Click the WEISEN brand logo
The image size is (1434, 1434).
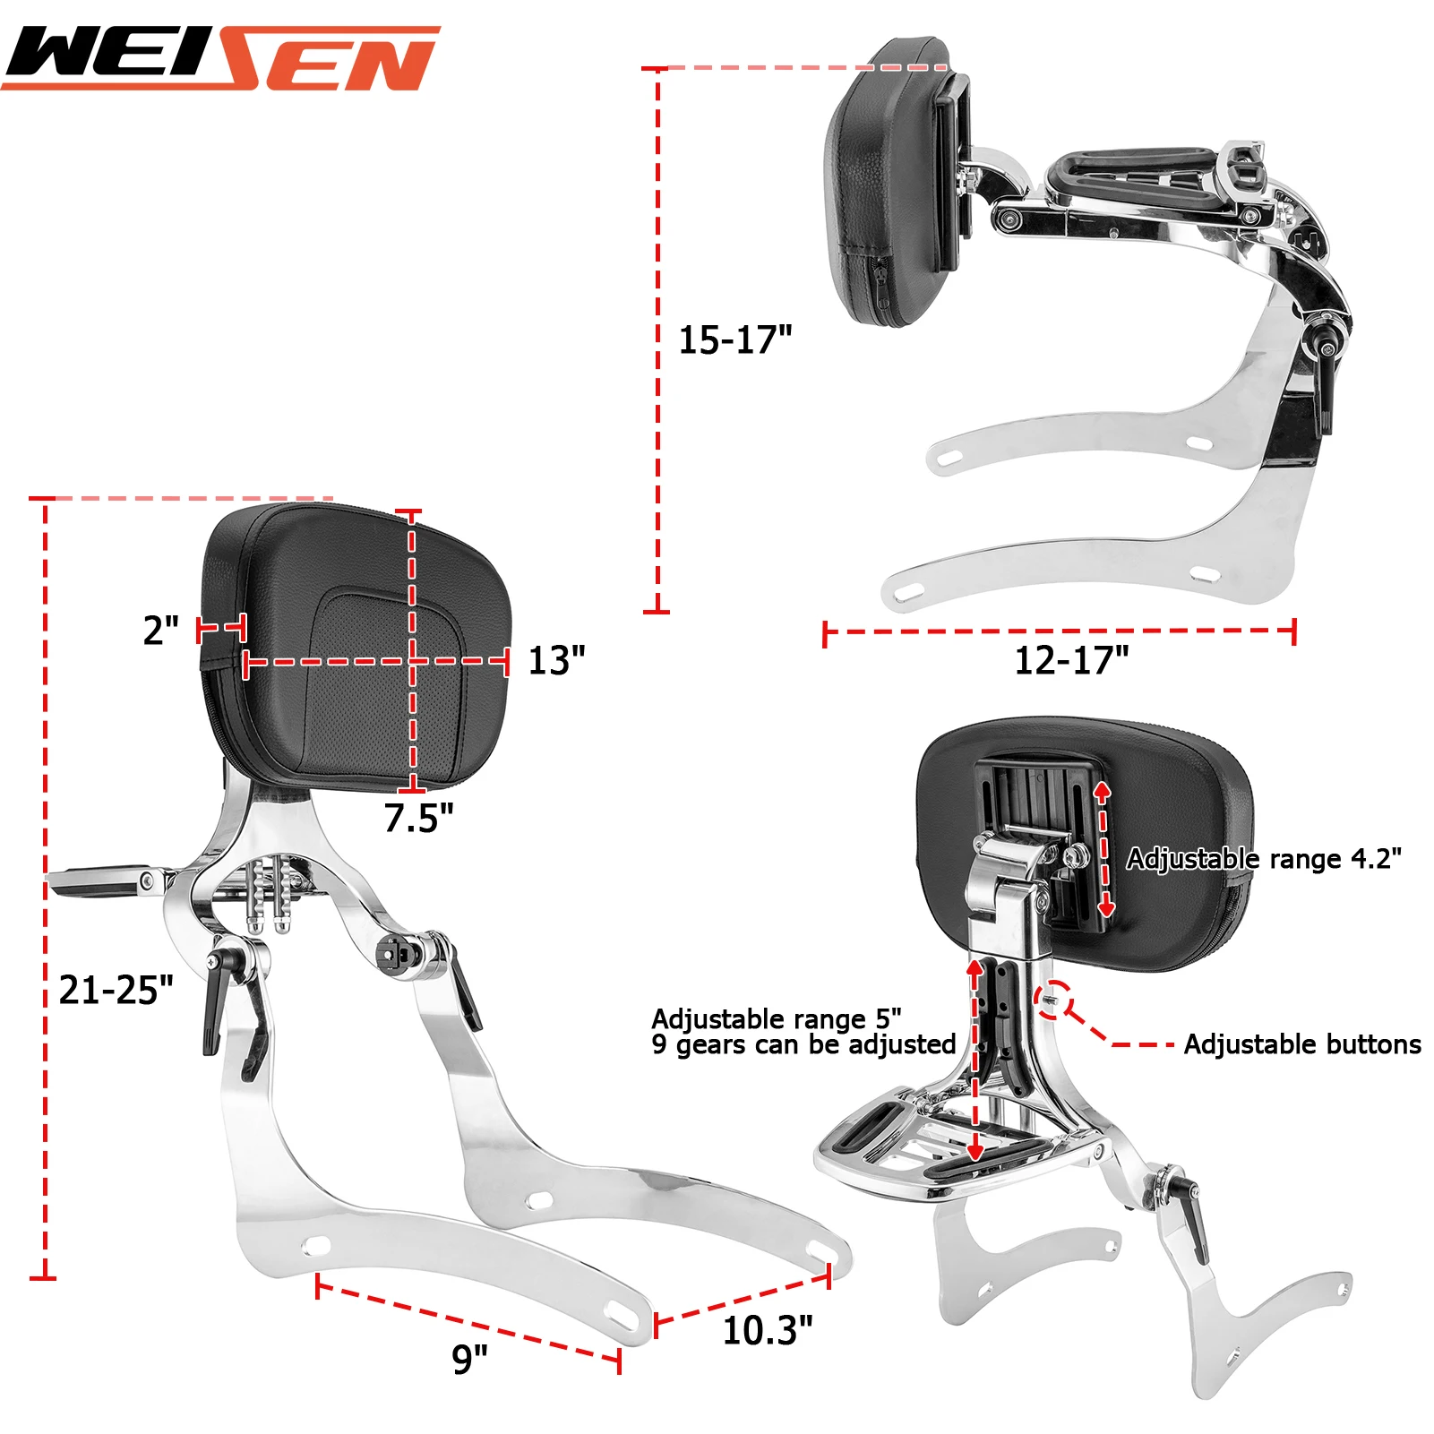221,58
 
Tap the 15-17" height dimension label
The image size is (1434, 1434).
734,340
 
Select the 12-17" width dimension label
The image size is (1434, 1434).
1071,661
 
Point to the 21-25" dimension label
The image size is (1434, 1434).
116,990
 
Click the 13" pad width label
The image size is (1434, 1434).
556,661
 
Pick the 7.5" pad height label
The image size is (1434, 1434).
418,818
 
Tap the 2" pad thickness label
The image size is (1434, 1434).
161,631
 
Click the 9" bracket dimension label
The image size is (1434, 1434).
469,1359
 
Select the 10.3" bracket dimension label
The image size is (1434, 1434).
768,1331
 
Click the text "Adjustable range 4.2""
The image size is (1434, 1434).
1263,859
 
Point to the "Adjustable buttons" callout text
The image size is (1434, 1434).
1302,1044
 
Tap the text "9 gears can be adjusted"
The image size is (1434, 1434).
803,1044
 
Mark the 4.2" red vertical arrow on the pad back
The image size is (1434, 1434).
1103,848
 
